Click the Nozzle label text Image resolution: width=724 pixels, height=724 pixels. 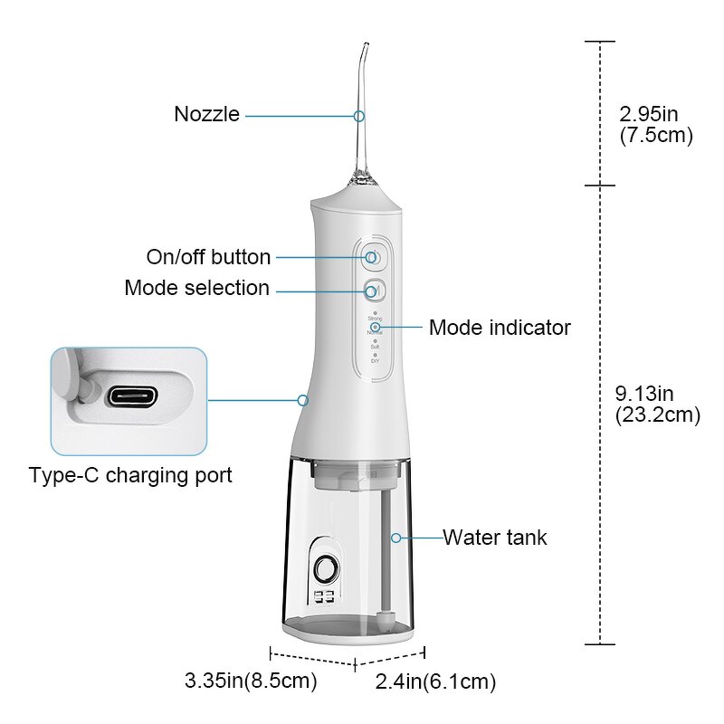[206, 115]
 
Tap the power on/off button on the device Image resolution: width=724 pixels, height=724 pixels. [373, 257]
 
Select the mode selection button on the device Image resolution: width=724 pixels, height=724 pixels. [373, 291]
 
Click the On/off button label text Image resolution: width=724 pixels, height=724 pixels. [208, 257]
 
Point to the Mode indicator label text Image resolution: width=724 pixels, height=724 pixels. [500, 327]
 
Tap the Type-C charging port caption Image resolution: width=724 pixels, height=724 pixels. [130, 475]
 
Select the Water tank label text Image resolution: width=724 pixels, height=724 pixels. [494, 537]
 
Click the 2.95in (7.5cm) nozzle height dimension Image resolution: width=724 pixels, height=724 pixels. [656, 125]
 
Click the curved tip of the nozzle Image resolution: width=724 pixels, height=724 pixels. [363, 50]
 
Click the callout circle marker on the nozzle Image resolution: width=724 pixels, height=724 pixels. [359, 116]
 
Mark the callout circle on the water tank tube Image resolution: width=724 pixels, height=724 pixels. [395, 538]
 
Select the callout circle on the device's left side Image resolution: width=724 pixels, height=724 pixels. [303, 399]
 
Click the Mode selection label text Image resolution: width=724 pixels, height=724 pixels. [196, 288]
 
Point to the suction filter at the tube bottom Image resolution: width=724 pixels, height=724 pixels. [387, 620]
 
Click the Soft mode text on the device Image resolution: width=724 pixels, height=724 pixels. [375, 347]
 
